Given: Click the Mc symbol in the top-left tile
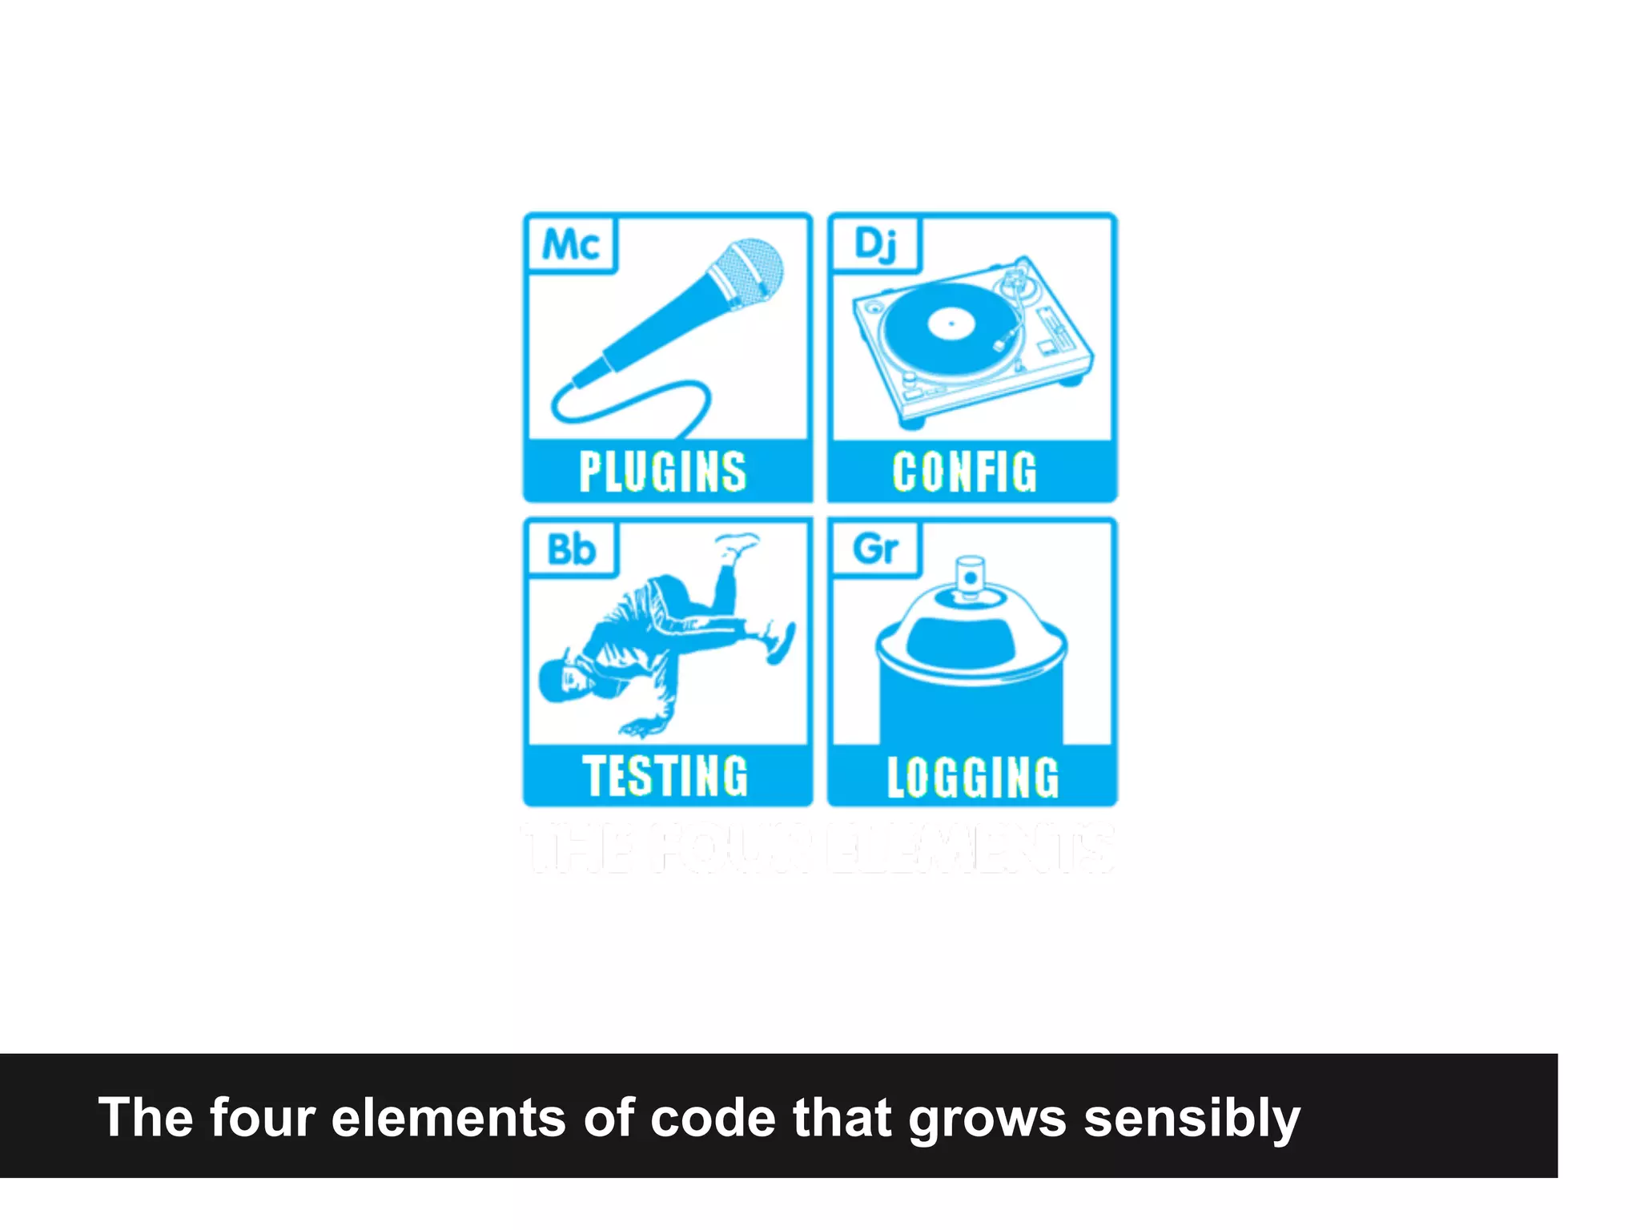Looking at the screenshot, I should [x=570, y=244].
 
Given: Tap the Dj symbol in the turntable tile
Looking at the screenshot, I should [x=875, y=244].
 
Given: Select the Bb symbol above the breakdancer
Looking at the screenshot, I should [x=571, y=549].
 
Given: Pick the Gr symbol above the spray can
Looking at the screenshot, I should [x=875, y=549].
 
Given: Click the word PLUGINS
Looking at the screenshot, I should [x=663, y=472].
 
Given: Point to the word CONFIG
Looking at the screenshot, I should [x=965, y=472].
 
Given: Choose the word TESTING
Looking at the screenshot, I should [x=665, y=776].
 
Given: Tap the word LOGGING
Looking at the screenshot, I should [x=973, y=777].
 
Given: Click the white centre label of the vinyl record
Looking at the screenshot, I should [x=951, y=324].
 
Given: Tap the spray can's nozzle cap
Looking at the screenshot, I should [x=971, y=577].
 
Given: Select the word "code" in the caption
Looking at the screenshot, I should [x=713, y=1118].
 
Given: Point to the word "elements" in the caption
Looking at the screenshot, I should [x=448, y=1118].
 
